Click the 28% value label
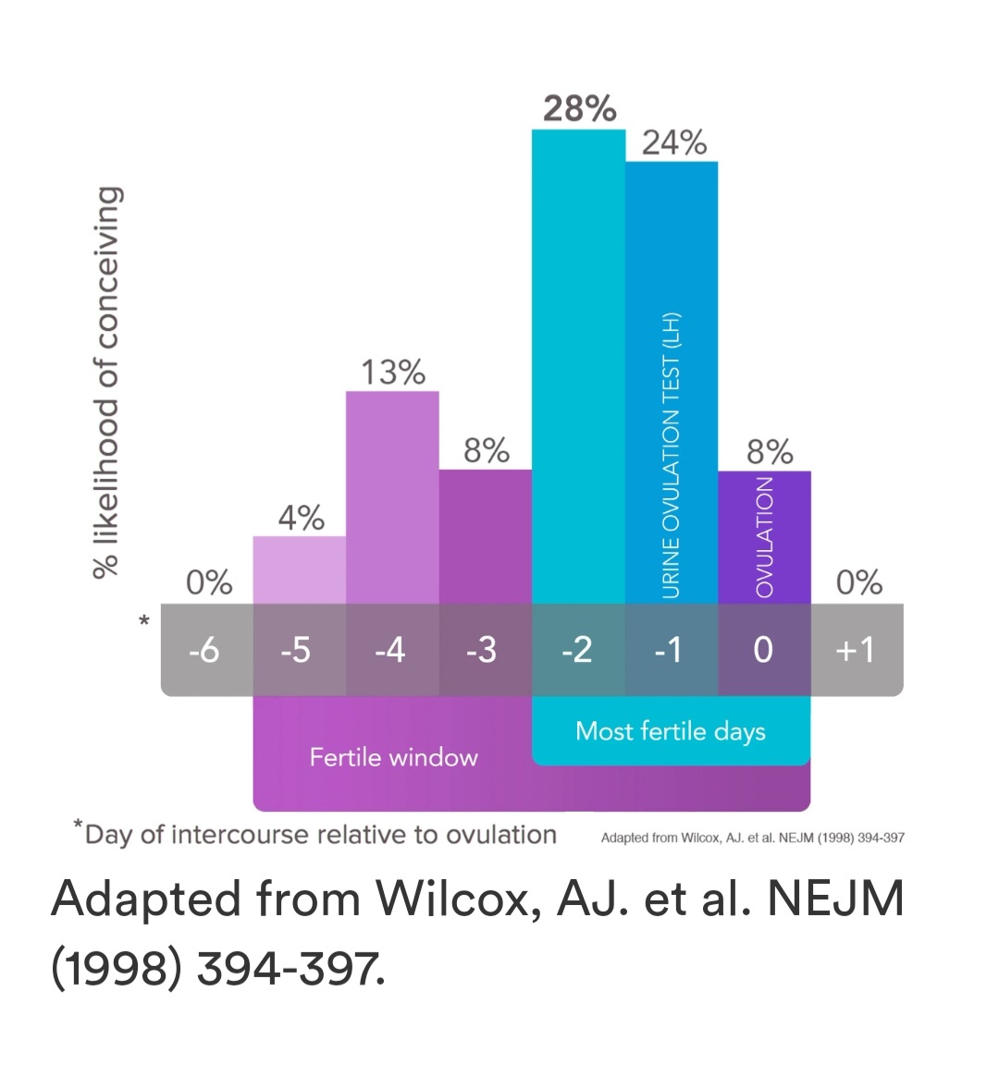579,109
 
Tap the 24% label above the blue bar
674,143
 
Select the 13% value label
393,373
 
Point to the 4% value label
301,518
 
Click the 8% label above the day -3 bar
487,451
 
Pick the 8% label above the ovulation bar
770,452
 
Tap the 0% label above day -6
209,582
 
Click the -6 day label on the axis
203,650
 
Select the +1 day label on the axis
854,650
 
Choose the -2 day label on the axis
576,650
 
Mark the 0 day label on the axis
763,650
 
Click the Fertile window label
393,758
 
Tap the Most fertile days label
671,731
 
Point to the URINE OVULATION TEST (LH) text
671,455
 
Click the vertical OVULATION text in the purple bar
764,537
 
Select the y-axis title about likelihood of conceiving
107,382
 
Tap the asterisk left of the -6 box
144,621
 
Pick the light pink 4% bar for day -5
300,569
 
